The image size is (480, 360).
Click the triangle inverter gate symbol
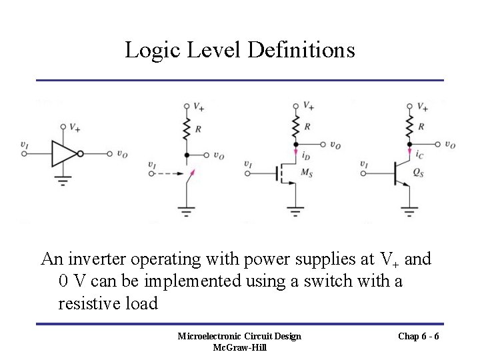(x=65, y=153)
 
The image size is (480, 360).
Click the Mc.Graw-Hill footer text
(x=239, y=347)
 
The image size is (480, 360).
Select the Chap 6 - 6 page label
(x=418, y=336)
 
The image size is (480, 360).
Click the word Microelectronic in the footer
(x=209, y=336)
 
